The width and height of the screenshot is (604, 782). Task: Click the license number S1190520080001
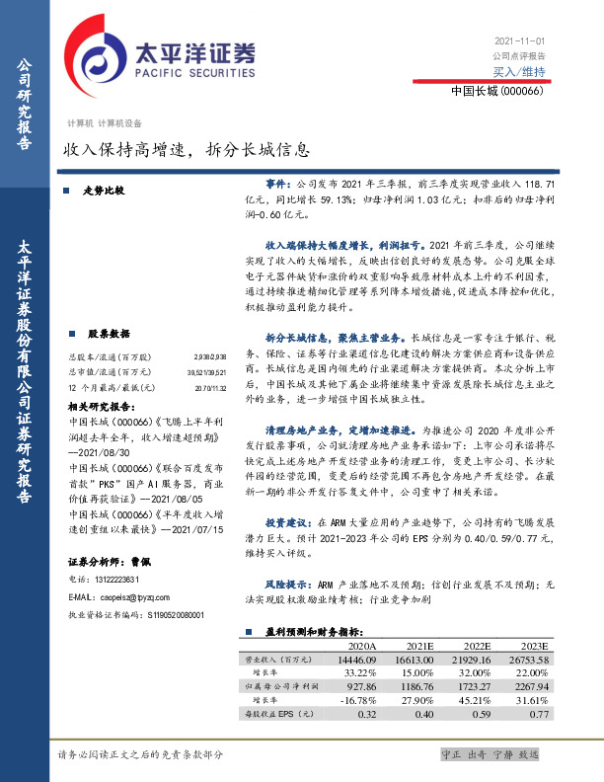[163, 586]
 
